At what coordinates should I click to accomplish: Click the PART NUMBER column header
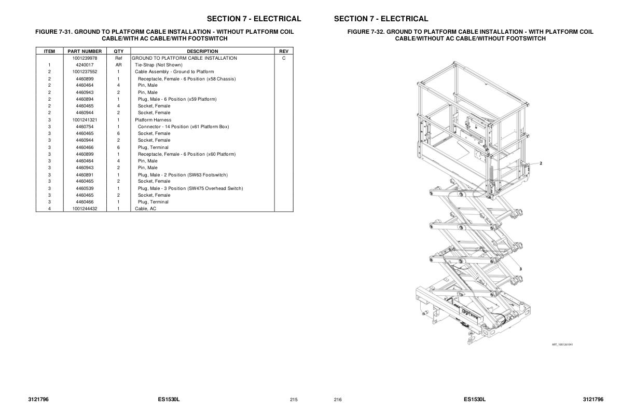coord(85,51)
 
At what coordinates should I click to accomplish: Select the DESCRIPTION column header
coord(202,51)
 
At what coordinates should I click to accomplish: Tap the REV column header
coord(283,51)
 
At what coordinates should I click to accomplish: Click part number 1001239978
coord(85,58)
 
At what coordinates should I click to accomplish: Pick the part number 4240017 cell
coord(85,65)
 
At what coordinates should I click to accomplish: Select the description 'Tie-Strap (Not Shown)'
coord(159,65)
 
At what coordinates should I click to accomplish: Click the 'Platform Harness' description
coord(153,120)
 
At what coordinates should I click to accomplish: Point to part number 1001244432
coord(85,209)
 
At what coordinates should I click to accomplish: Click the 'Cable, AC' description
coord(145,209)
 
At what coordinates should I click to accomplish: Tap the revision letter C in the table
coord(283,58)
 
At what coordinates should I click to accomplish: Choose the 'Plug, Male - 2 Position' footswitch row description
coord(183,175)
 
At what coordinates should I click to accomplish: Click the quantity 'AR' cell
coord(118,65)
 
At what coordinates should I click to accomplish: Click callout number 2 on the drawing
coord(541,163)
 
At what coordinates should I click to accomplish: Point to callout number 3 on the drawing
coord(520,269)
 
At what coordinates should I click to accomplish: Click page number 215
coord(294,400)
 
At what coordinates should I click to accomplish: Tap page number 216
coord(338,400)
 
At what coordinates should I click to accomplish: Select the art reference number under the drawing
coord(562,344)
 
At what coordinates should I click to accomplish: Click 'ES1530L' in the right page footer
coord(474,400)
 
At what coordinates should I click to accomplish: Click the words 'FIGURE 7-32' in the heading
coord(365,32)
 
